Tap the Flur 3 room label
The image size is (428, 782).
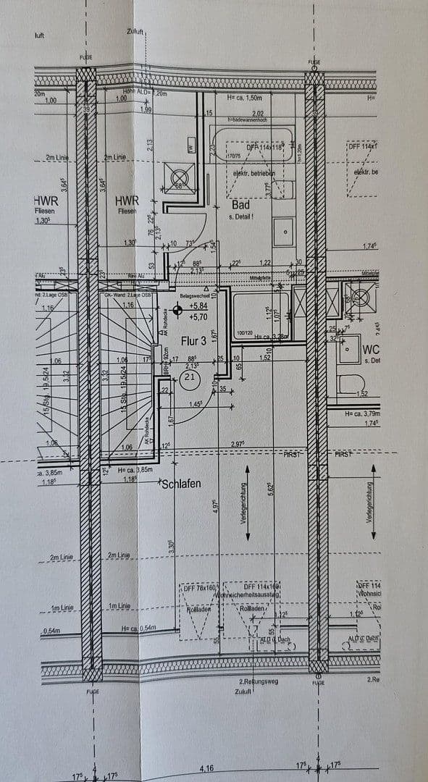(193, 342)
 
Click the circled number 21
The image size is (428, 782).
(190, 377)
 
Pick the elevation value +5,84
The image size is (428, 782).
(198, 306)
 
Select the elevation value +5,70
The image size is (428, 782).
(198, 316)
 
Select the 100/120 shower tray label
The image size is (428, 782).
(244, 333)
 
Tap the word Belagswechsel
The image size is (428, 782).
(196, 295)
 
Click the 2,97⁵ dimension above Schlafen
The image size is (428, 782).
(240, 444)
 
